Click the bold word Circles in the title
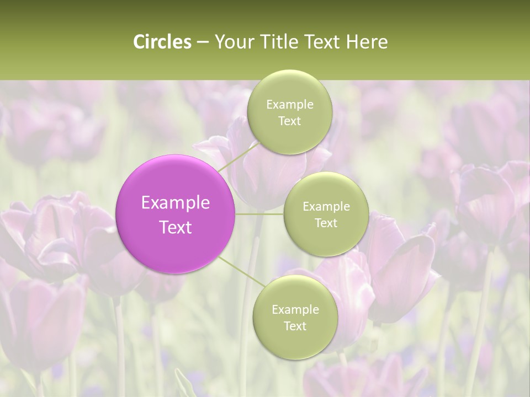[162, 42]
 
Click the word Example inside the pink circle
[176, 203]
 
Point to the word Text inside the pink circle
[176, 227]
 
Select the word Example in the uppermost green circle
[289, 104]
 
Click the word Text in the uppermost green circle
[289, 121]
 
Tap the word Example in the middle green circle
[326, 206]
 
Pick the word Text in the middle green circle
[326, 223]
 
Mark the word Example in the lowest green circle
[295, 309]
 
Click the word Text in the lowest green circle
[295, 326]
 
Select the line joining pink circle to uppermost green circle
[238, 156]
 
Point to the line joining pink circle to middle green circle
[259, 214]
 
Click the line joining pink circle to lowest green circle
[241, 272]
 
